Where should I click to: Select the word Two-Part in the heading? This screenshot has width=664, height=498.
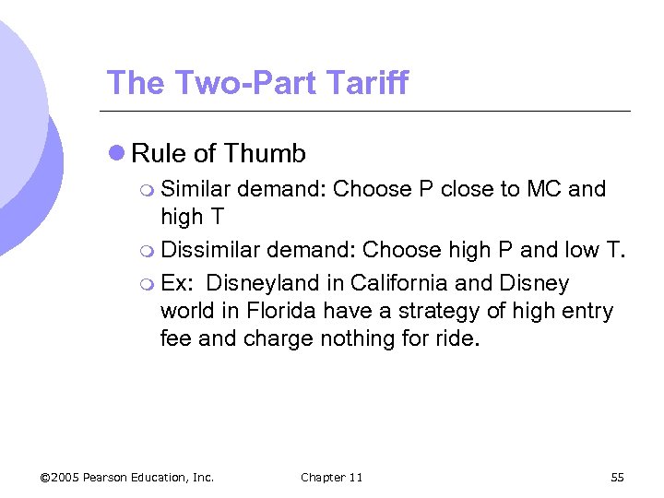(233, 83)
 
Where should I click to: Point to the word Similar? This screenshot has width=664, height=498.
(196, 189)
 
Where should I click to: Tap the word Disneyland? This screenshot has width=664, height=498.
(267, 283)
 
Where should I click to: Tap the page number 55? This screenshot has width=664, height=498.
(617, 477)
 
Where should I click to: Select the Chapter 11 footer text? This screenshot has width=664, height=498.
(332, 477)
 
